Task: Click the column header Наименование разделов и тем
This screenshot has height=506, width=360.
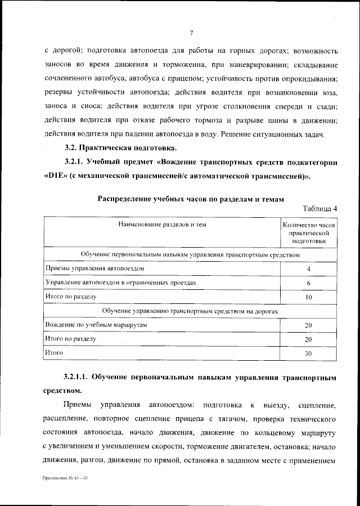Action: point(162,225)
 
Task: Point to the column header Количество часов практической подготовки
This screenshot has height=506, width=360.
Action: point(309,232)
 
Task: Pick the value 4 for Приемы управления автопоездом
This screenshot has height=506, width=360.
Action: point(309,269)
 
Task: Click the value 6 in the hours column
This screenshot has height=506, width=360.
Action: point(309,283)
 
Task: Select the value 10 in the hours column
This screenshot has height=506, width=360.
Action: point(309,297)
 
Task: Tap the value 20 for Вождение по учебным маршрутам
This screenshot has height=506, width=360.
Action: point(308,325)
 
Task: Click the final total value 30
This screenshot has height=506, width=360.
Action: point(308,353)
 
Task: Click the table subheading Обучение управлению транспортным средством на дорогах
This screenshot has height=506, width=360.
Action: point(190,311)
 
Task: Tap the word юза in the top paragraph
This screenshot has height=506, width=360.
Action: point(329,91)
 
